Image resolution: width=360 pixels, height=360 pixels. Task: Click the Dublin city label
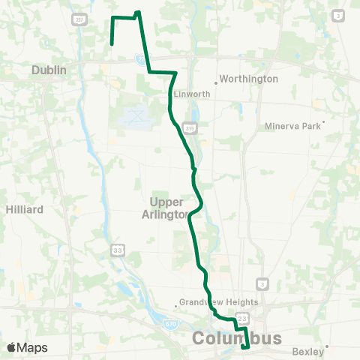coord(49,70)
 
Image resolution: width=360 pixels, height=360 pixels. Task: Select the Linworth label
coord(187,94)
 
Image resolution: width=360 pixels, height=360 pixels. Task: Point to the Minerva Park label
coord(292,126)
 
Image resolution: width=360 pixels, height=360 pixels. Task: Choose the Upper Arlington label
coord(167,208)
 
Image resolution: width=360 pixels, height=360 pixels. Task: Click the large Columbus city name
coord(237,338)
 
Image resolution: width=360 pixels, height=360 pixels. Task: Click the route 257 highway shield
coord(77,21)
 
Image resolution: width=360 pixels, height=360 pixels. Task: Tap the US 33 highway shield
coord(117,249)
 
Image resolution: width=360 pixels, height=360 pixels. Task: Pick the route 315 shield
coord(190,129)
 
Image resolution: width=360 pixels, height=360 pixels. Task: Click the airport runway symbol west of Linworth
coord(134,115)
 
